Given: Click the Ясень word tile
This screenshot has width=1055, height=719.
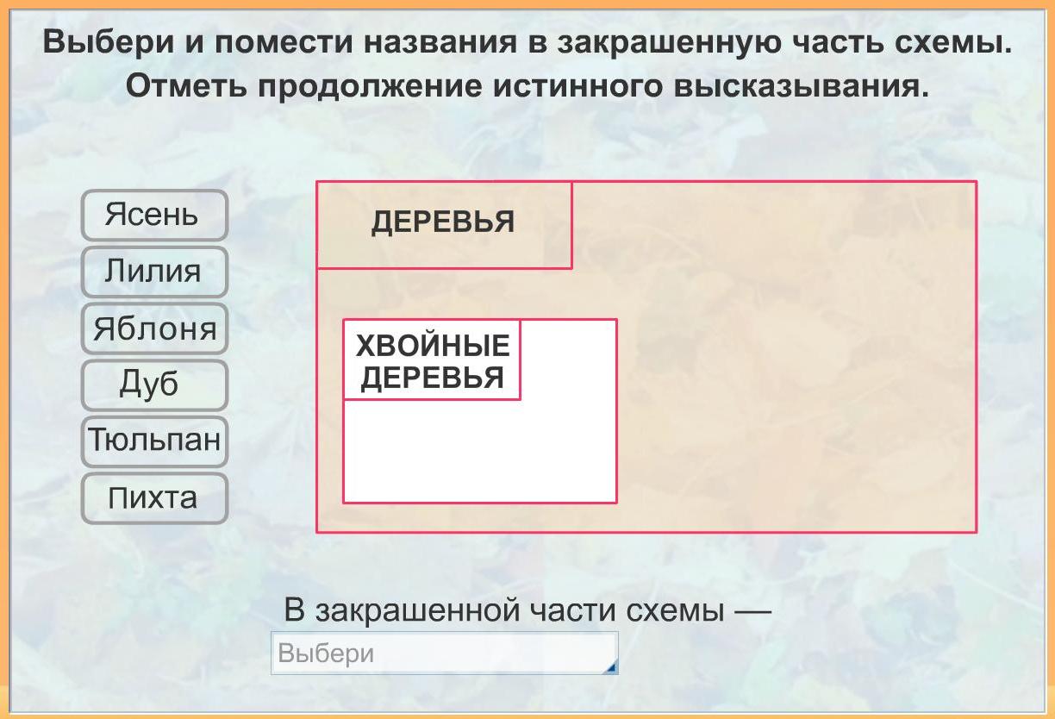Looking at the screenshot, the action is (x=154, y=215).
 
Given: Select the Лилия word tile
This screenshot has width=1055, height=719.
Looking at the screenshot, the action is (x=154, y=272).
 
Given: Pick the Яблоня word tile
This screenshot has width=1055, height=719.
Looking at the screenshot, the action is (x=154, y=328).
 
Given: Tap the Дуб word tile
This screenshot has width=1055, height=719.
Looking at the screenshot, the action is (x=154, y=385).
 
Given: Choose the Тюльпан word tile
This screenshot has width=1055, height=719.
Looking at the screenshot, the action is (x=154, y=441).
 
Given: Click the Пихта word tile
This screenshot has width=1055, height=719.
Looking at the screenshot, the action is (x=154, y=498).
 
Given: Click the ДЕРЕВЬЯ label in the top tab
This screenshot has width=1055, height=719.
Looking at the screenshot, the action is (x=443, y=222).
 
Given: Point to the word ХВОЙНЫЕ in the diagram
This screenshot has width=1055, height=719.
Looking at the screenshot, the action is (x=433, y=346).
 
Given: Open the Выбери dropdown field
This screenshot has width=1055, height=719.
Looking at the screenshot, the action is (x=444, y=653).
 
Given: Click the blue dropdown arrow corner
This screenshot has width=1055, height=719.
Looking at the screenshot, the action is (x=611, y=668).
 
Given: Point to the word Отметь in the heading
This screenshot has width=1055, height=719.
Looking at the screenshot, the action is (x=186, y=86).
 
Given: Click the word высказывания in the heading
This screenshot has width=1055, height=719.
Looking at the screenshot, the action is (x=802, y=87).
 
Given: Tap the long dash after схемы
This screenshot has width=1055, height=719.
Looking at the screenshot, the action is (x=752, y=612).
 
